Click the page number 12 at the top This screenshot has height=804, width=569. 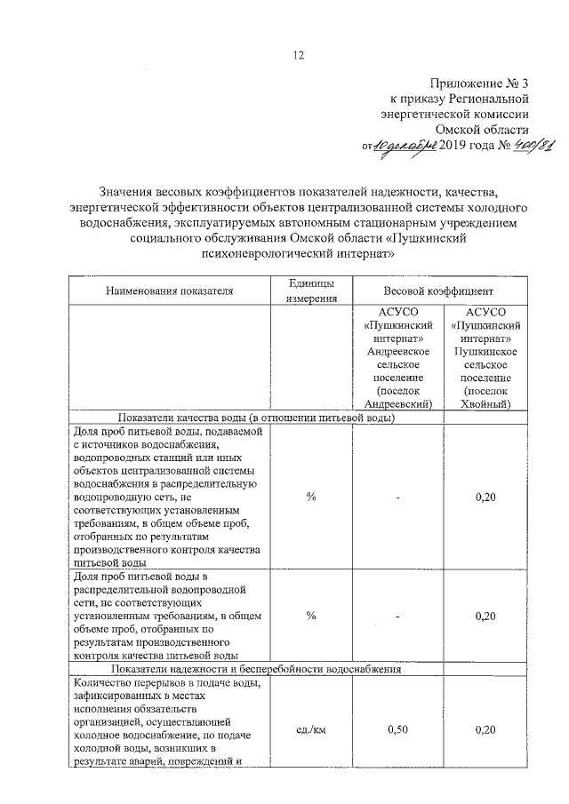click(299, 55)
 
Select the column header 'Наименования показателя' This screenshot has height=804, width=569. click(169, 291)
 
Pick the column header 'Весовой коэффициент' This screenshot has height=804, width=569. click(438, 291)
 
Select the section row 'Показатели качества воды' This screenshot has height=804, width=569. click(254, 418)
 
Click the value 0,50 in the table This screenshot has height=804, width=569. click(398, 729)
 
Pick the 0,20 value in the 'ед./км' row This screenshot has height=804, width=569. click(485, 729)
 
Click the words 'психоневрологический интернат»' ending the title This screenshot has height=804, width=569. click(299, 253)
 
